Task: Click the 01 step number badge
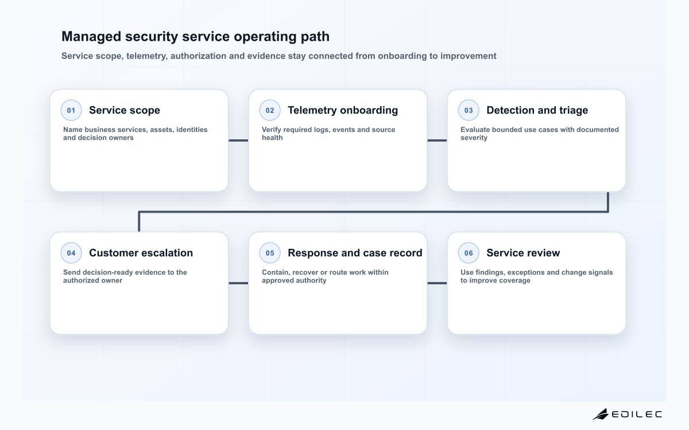71,110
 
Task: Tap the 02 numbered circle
270,110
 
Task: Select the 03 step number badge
469,110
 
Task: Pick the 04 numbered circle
71,253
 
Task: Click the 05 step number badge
270,253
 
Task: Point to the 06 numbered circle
469,253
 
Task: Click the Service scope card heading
125,110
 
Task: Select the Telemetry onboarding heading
343,110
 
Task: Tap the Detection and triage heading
537,110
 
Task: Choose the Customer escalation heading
141,253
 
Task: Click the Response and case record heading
355,253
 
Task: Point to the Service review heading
523,253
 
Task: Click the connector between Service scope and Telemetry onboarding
238,140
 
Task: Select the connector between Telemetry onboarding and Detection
437,140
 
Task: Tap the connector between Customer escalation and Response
238,283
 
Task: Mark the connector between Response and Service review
437,283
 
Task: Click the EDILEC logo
628,414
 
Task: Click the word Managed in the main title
91,37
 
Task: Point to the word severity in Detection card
474,138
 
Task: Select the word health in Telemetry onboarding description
272,138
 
